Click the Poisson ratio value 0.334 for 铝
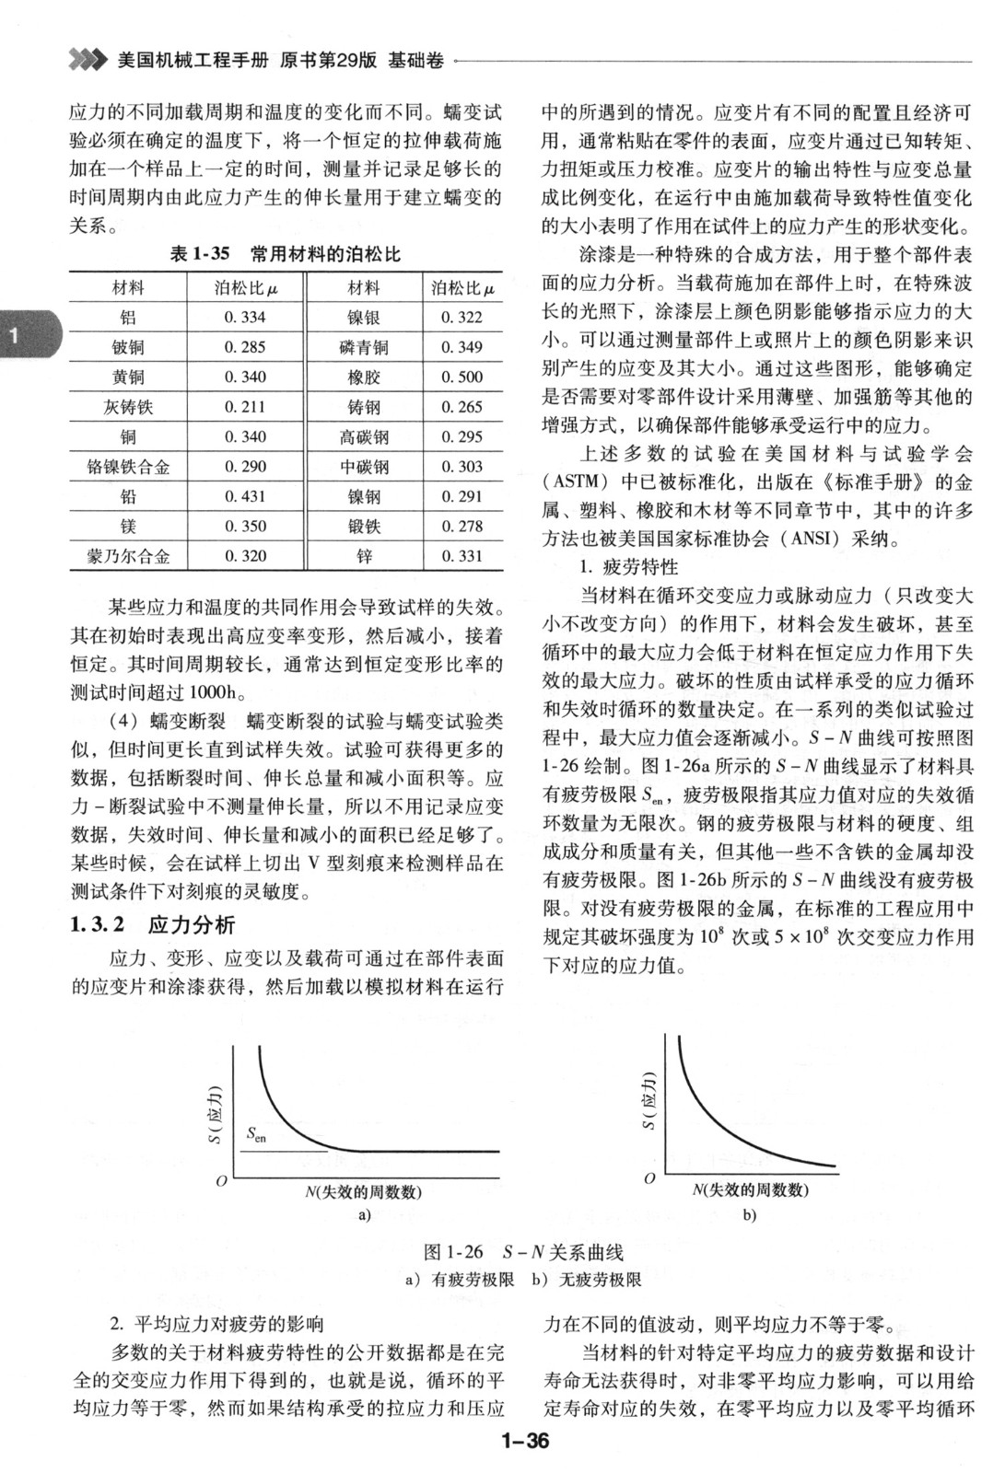(245, 318)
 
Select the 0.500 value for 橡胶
(462, 377)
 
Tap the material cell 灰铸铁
(128, 407)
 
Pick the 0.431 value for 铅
(245, 496)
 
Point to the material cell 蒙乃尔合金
(128, 556)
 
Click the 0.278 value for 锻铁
(462, 527)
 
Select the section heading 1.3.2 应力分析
(152, 924)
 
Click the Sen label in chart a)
(257, 1136)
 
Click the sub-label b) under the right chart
(749, 1215)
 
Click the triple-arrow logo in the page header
(88, 61)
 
